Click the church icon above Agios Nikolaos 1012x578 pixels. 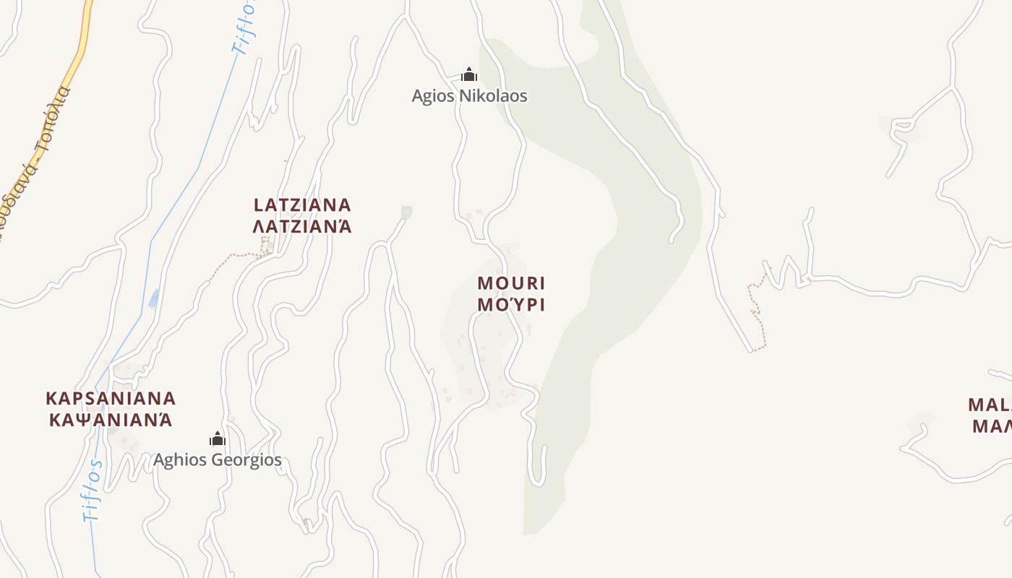click(469, 74)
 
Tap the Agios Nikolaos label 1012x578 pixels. click(469, 95)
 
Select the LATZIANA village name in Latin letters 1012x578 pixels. click(302, 205)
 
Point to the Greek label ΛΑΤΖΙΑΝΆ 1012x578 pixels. click(302, 227)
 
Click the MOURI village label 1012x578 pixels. click(511, 283)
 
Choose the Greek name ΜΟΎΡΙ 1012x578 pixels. click(511, 305)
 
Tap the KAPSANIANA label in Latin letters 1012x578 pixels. click(111, 399)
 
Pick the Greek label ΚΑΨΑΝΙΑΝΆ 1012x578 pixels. click(111, 420)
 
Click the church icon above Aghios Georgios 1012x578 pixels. click(217, 439)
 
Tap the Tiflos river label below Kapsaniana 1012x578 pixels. click(93, 490)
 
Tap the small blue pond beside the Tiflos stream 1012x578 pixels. click(153, 298)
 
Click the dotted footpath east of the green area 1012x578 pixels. click(756, 311)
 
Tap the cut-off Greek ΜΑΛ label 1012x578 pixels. click(991, 426)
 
